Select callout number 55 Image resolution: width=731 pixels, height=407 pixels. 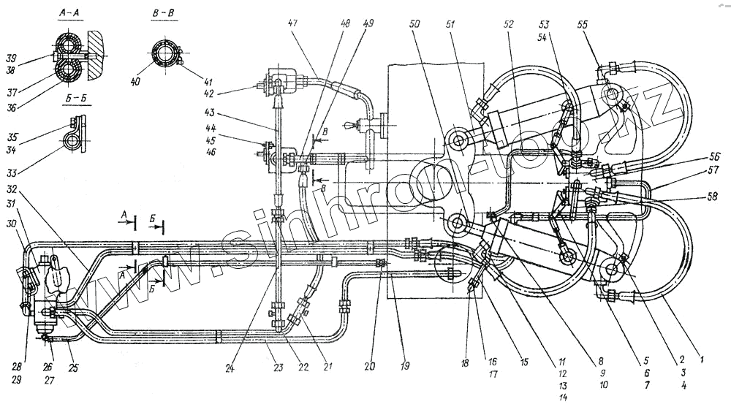583,23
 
